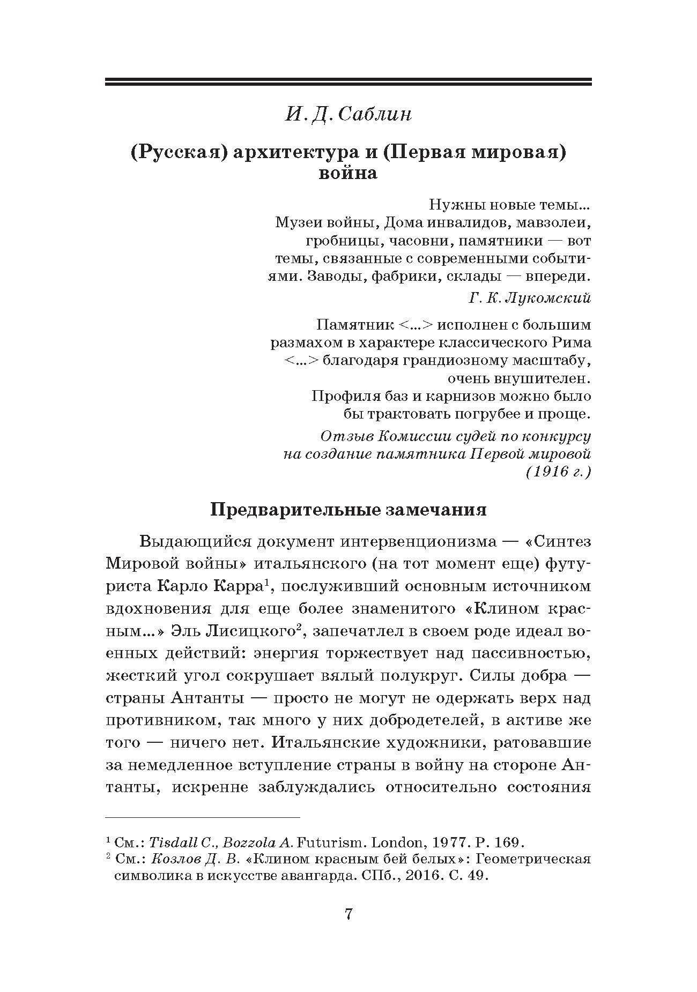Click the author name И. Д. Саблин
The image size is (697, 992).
349,115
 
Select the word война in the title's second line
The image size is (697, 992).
348,174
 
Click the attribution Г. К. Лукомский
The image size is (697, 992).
530,298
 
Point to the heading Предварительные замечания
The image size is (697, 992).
349,509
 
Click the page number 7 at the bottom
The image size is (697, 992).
349,914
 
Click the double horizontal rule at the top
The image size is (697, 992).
349,82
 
